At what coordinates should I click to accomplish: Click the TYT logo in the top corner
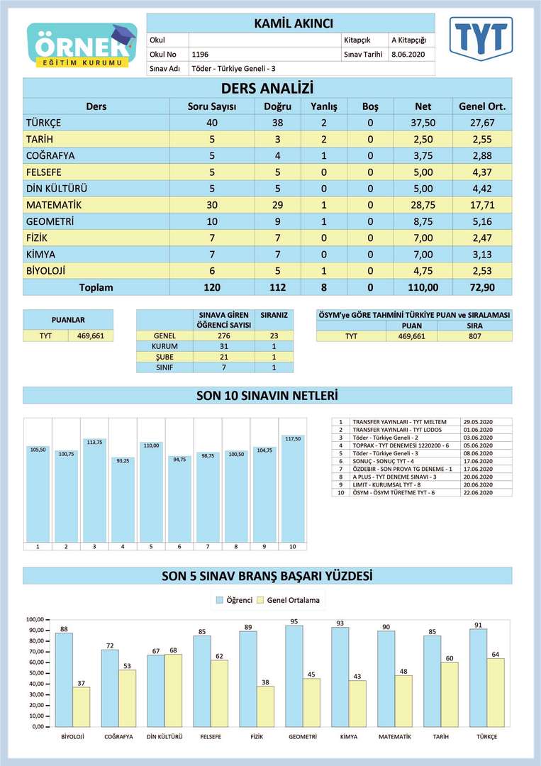pyautogui.click(x=481, y=38)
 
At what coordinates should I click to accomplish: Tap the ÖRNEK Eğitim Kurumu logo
pyautogui.click(x=82, y=45)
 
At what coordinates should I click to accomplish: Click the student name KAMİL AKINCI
pyautogui.click(x=294, y=24)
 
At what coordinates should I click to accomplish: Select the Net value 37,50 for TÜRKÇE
pyautogui.click(x=423, y=123)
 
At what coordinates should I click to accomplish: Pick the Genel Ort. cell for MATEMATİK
pyautogui.click(x=482, y=205)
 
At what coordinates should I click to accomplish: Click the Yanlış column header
pyautogui.click(x=324, y=106)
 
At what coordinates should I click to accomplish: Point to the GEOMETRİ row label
pyautogui.click(x=50, y=222)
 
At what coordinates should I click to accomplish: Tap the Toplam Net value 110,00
pyautogui.click(x=423, y=288)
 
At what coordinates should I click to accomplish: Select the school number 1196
pyautogui.click(x=200, y=54)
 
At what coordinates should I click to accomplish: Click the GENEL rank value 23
pyautogui.click(x=274, y=336)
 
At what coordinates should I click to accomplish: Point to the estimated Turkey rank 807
pyautogui.click(x=474, y=336)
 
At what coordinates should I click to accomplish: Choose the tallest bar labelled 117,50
pyautogui.click(x=292, y=489)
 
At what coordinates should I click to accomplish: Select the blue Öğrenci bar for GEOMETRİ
pyautogui.click(x=294, y=676)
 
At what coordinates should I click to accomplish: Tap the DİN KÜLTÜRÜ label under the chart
pyautogui.click(x=164, y=736)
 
